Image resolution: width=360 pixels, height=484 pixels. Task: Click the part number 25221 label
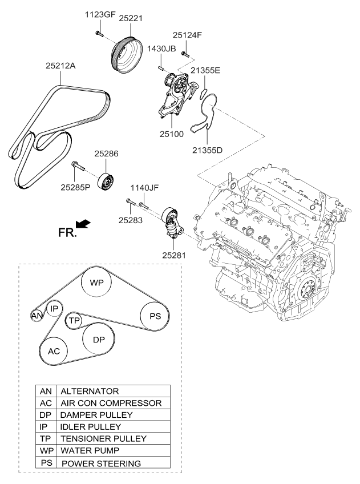coord(130,19)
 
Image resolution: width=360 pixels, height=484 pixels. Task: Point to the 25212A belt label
coord(60,66)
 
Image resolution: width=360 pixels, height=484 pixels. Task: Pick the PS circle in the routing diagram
coord(155,316)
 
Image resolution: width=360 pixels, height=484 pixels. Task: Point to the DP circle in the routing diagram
coord(99,339)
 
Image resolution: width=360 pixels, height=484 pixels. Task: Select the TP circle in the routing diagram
coord(74,321)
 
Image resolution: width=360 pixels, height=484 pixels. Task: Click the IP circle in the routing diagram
coord(54,308)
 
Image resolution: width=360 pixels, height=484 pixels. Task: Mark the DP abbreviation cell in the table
coord(46,415)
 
